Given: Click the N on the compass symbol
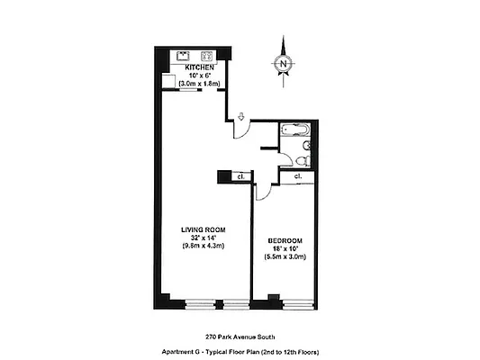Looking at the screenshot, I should click(x=284, y=64).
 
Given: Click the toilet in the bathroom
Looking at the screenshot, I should click(x=304, y=159).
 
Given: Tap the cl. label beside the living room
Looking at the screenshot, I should click(x=240, y=176).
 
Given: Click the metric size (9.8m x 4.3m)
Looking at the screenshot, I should click(x=202, y=246).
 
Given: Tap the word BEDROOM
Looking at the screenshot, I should click(x=285, y=240).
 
